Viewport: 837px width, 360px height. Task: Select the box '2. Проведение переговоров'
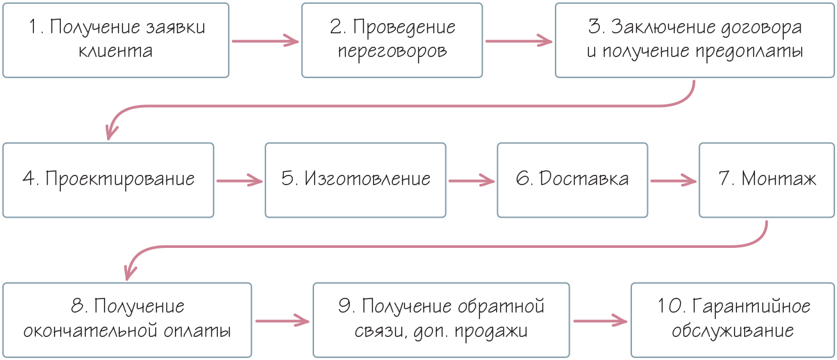tap(392, 40)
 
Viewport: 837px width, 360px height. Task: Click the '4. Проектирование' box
tap(108, 179)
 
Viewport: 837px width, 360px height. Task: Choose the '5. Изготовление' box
tap(356, 179)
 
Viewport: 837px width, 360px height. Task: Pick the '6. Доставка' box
tap(572, 179)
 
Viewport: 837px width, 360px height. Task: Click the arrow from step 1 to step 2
tap(265, 41)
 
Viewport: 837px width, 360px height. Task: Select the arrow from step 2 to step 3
tap(518, 41)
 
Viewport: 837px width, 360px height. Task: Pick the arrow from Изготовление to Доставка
tap(471, 180)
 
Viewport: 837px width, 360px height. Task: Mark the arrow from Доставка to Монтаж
tap(673, 180)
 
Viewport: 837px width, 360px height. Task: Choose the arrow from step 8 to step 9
tap(281, 319)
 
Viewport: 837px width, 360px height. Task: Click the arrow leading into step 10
tap(599, 319)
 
